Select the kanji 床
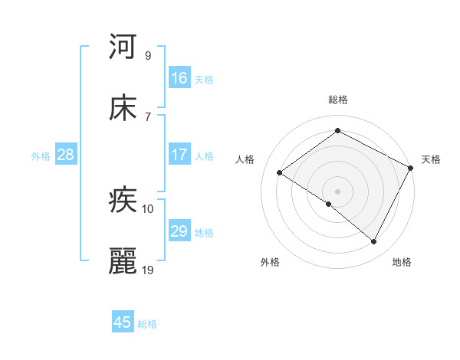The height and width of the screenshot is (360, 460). [x=123, y=108]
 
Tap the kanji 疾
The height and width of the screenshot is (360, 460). [x=123, y=201]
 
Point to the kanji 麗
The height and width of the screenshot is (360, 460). [x=123, y=262]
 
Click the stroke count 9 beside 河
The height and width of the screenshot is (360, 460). [x=147, y=55]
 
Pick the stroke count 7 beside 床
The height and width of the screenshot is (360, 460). [x=147, y=116]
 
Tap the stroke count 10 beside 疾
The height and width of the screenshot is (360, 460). [x=148, y=209]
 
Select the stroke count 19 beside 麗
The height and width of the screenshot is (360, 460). [x=148, y=270]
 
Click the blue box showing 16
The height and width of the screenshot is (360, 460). [x=179, y=78]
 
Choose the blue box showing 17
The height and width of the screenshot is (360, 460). [x=179, y=155]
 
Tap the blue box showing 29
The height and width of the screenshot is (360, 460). [x=179, y=231]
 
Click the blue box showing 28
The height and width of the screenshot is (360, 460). [x=66, y=155]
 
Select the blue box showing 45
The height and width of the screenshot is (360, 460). [x=123, y=322]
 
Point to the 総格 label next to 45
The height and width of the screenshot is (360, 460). [x=147, y=324]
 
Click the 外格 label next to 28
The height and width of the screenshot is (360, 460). [x=41, y=156]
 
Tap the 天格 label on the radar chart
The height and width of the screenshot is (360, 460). [x=431, y=159]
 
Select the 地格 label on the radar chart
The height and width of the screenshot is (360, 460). [x=402, y=262]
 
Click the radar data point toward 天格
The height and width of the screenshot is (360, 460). [x=411, y=168]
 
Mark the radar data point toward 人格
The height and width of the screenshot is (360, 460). [x=280, y=172]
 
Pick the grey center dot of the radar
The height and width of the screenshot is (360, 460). [x=337, y=191]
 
